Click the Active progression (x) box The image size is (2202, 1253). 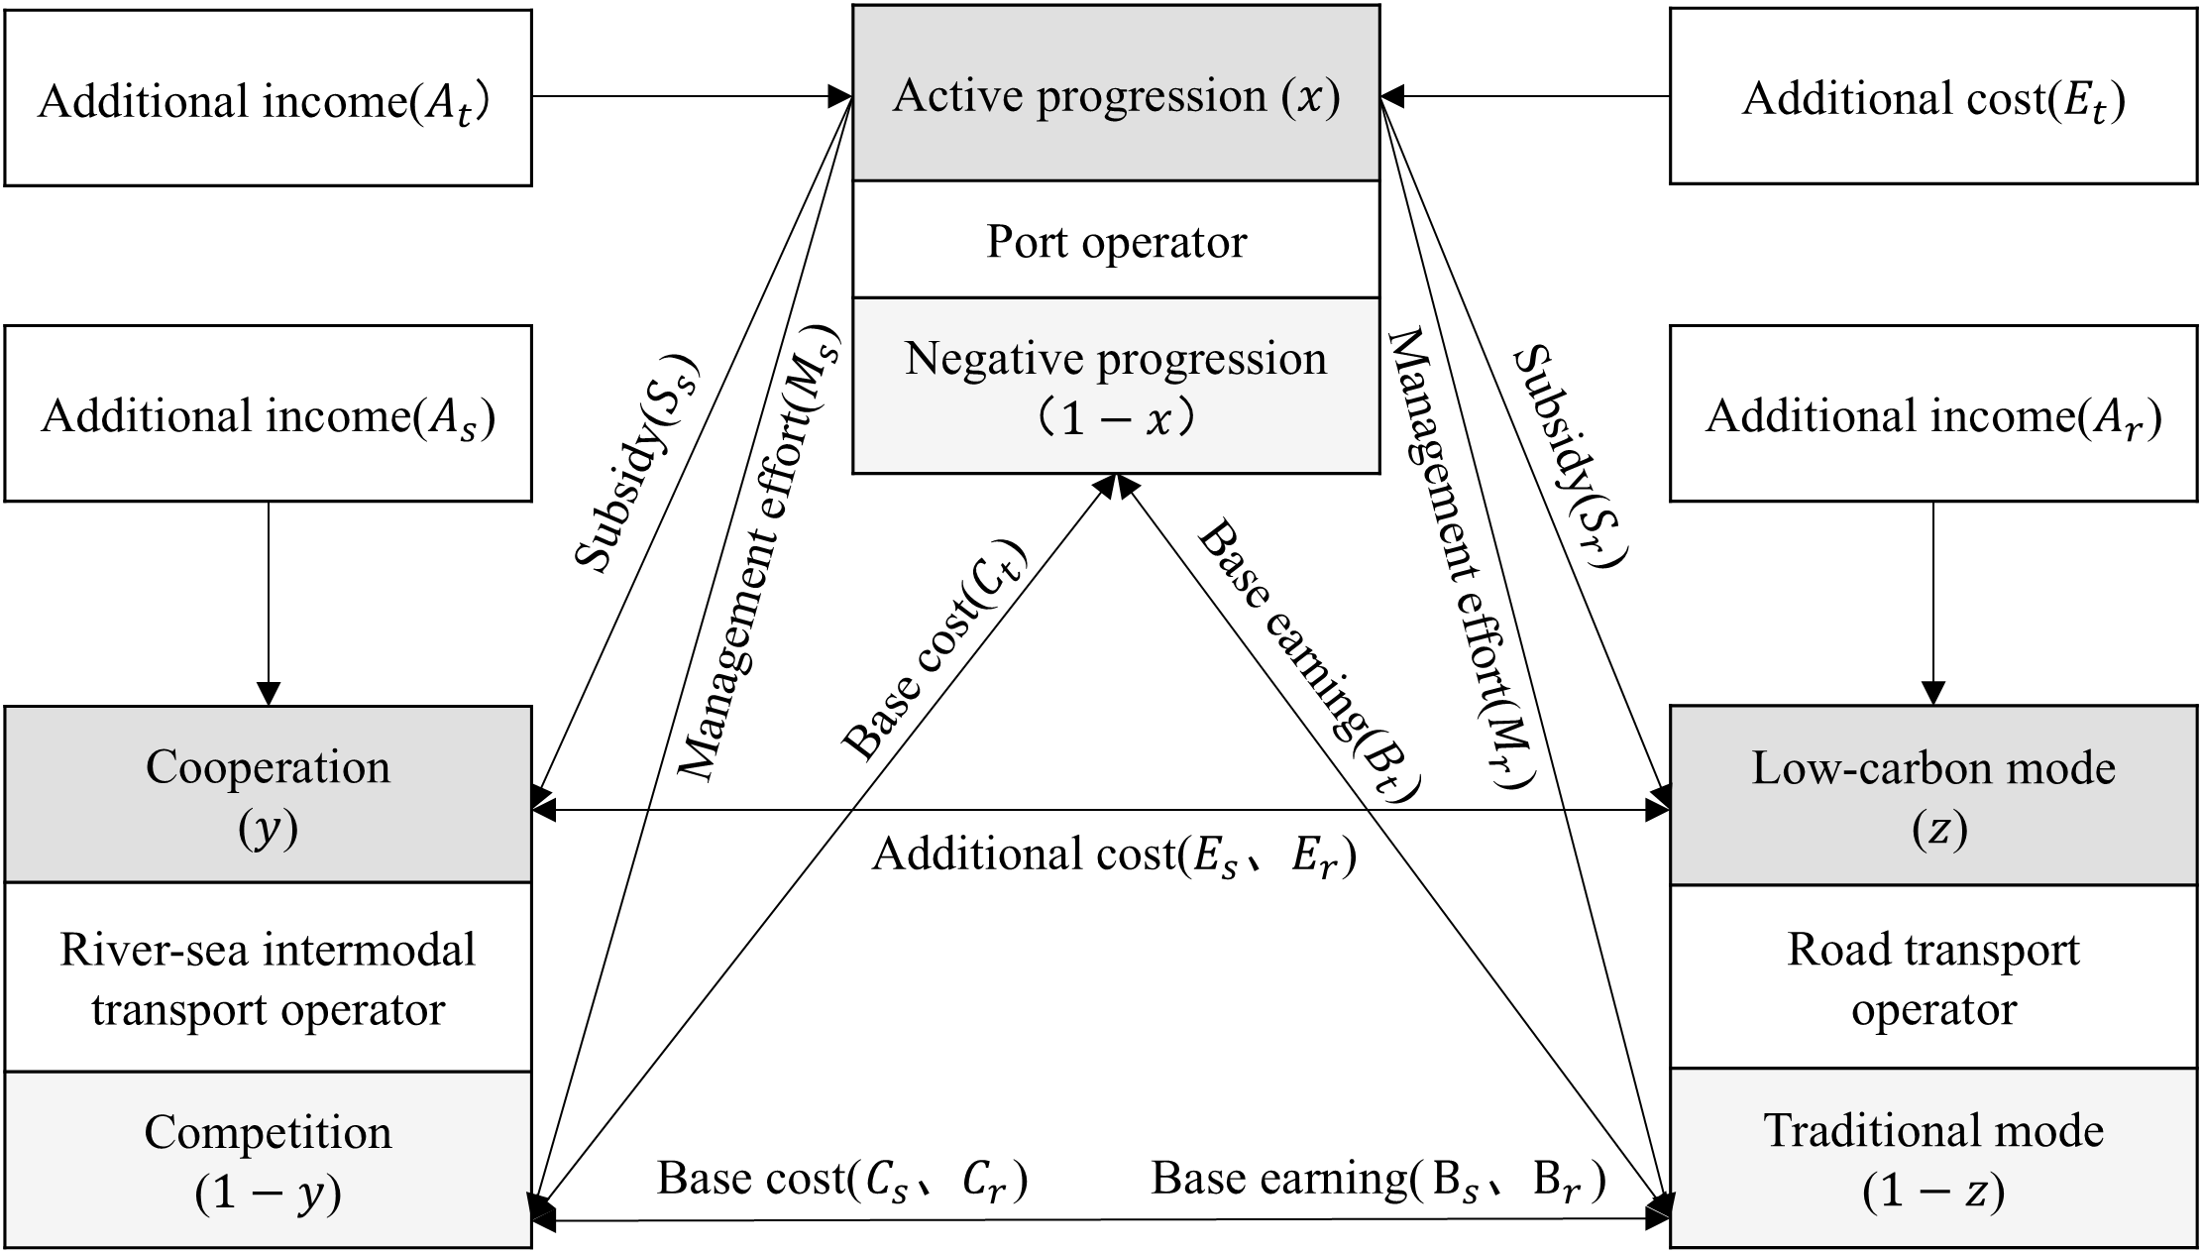(x=1116, y=94)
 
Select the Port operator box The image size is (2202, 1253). (x=1116, y=241)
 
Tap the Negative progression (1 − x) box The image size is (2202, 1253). (x=1116, y=387)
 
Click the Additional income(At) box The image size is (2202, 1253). (x=268, y=99)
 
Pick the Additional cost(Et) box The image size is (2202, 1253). (x=1932, y=99)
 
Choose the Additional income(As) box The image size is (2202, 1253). (x=268, y=414)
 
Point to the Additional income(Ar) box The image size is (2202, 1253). (x=1932, y=414)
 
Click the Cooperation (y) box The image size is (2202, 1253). (x=268, y=795)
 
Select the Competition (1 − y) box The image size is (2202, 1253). (x=268, y=1160)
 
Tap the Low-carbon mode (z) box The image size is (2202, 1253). (x=1932, y=795)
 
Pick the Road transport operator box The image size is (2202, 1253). (x=1932, y=977)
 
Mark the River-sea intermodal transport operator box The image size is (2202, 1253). (x=268, y=977)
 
